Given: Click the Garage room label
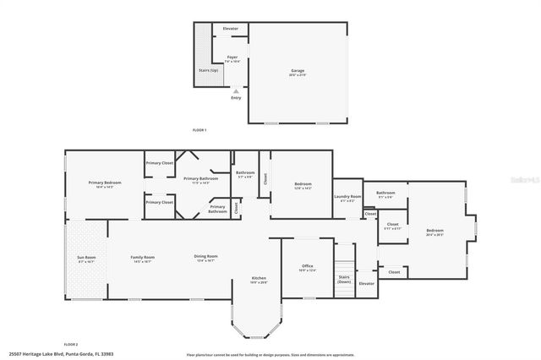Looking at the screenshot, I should (298, 71).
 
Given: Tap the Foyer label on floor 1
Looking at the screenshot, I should (232, 58).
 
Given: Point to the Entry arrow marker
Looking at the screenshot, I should (236, 91).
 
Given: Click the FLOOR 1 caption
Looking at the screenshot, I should (199, 129).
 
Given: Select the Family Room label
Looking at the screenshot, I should (142, 257).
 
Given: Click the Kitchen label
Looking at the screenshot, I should (259, 278).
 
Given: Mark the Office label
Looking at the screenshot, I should (308, 266).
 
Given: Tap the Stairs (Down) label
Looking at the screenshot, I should (344, 278).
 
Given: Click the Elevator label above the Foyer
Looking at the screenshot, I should (230, 29).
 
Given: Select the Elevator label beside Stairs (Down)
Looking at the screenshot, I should (367, 283).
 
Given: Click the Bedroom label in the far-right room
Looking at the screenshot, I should (434, 231).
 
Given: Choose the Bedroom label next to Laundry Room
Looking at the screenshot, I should (303, 184).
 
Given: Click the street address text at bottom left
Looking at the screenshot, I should (61, 354).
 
